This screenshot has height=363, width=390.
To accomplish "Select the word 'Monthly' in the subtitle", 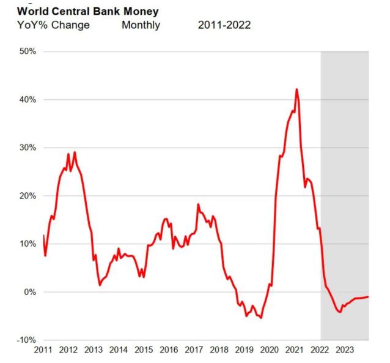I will pos(141,25).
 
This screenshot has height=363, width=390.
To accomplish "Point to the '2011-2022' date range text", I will pos(224,25).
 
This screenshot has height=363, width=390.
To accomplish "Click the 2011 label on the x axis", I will pos(43,350).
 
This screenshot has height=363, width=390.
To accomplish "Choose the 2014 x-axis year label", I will pos(119,350).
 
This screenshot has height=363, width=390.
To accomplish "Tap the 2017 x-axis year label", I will pos(194,350).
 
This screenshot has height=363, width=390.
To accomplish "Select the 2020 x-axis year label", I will pos(269,350).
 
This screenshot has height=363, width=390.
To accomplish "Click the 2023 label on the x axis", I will pos(344,350).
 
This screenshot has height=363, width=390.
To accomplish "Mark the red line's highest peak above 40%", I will pos(296,89).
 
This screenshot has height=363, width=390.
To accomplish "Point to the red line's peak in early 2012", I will pos(75,152).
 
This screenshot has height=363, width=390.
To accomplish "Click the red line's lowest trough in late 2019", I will pos(261,318).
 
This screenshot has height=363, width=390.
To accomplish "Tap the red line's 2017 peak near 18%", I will pos(198,204).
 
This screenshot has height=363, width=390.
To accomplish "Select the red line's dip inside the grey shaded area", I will pos(340,312).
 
